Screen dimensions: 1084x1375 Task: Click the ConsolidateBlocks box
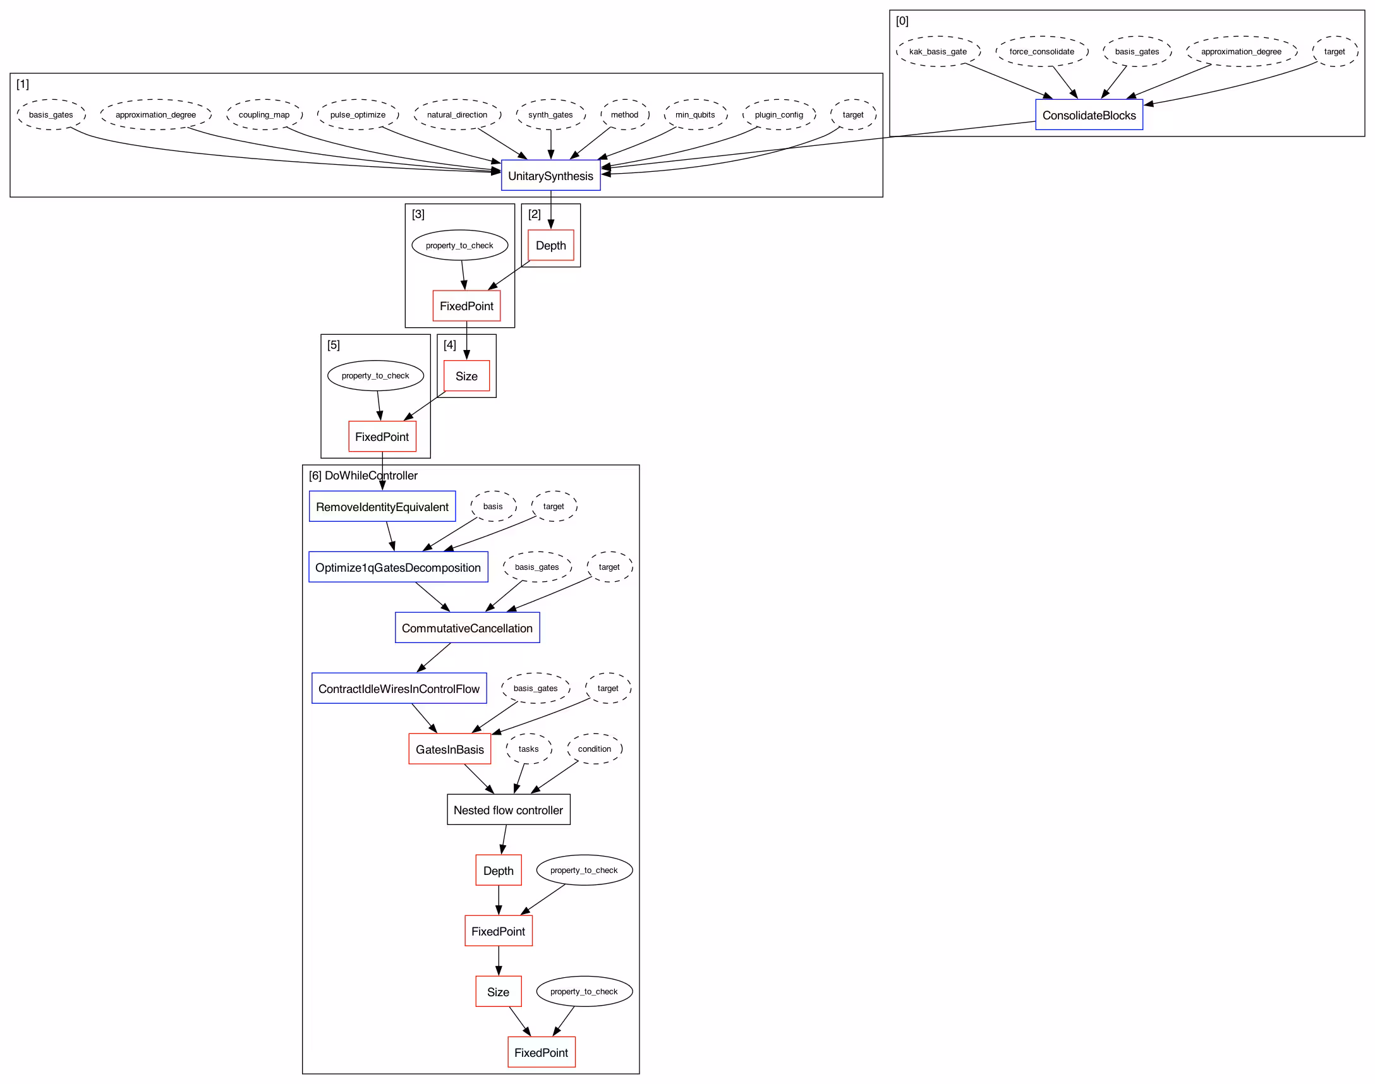[x=1088, y=115]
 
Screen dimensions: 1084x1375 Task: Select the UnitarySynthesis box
[x=550, y=176]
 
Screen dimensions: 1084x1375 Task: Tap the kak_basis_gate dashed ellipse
[x=938, y=51]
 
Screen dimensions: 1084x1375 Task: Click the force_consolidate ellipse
[x=1041, y=51]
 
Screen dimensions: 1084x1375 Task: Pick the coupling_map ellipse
[x=264, y=115]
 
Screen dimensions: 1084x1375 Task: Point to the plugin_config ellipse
[x=778, y=115]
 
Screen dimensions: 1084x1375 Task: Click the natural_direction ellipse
[x=457, y=115]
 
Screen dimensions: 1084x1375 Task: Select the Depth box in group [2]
[x=550, y=246]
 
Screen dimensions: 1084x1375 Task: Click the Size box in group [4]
[x=466, y=376]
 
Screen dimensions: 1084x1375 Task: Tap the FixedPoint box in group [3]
[x=466, y=306]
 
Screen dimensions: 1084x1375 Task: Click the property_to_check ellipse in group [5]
[x=375, y=376]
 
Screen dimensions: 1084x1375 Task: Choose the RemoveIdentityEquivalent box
[x=382, y=507]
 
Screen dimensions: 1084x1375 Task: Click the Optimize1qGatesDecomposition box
[x=398, y=567]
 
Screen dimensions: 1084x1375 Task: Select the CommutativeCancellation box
[x=467, y=628]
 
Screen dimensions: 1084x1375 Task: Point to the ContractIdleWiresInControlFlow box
[x=399, y=689]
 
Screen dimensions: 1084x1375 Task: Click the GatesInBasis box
[x=449, y=749]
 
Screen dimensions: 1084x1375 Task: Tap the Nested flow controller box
[x=508, y=810]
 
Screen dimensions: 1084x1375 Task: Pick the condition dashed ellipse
[x=594, y=749]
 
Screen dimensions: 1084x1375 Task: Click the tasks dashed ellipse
[x=528, y=749]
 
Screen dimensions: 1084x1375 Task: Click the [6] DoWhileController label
[x=363, y=476]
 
